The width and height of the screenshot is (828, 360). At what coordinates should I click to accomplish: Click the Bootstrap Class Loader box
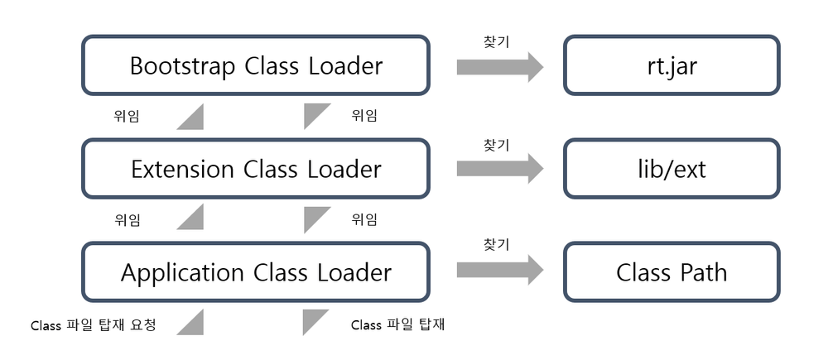(x=256, y=65)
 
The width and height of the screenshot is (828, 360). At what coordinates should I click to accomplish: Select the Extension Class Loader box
(x=256, y=169)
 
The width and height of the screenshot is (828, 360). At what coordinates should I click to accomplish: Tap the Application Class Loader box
(x=256, y=271)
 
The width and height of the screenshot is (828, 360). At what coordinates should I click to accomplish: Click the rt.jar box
(x=672, y=65)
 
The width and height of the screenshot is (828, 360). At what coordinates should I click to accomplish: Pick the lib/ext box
(x=672, y=169)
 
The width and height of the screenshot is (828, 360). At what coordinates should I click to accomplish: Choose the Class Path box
(x=672, y=271)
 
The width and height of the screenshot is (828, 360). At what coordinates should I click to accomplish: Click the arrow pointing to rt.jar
(x=499, y=67)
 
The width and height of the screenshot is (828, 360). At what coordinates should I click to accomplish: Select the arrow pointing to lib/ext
(x=499, y=170)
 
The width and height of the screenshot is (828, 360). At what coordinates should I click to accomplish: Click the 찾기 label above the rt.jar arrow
(x=496, y=41)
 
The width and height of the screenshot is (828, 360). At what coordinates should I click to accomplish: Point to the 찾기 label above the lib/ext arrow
(x=496, y=144)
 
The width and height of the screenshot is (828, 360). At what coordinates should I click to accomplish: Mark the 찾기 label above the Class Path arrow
(x=496, y=244)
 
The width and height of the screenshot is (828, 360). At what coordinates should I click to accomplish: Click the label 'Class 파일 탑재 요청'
(x=93, y=324)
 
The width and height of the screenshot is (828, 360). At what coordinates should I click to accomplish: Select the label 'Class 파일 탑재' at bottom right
(x=397, y=324)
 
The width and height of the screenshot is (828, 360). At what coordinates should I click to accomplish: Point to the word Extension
(x=183, y=169)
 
